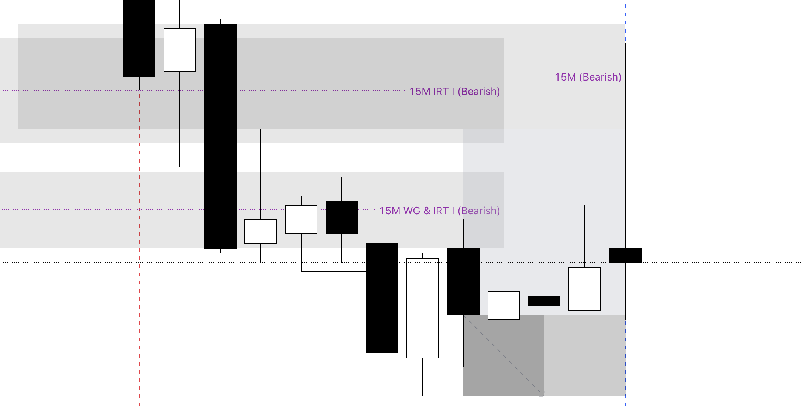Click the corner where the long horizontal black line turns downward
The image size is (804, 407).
(261, 129)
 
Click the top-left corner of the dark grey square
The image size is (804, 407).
(463, 315)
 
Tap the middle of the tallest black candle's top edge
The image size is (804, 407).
(220, 24)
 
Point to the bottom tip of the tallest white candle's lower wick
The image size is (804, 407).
(423, 396)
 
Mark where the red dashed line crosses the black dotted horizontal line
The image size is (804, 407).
(139, 263)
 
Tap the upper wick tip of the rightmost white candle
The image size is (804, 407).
(585, 205)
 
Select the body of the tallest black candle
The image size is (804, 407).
(220, 136)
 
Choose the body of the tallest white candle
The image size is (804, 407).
(423, 308)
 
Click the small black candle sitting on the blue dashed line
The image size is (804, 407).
(625, 256)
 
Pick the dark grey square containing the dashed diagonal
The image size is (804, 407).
(504, 355)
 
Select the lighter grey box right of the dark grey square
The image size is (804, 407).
(585, 355)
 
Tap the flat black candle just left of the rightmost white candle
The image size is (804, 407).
(544, 301)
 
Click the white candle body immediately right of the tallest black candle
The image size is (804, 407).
(261, 232)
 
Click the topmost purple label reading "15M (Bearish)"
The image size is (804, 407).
(588, 77)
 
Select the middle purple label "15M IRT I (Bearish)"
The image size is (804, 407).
(455, 92)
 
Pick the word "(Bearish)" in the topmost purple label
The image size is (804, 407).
(600, 77)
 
